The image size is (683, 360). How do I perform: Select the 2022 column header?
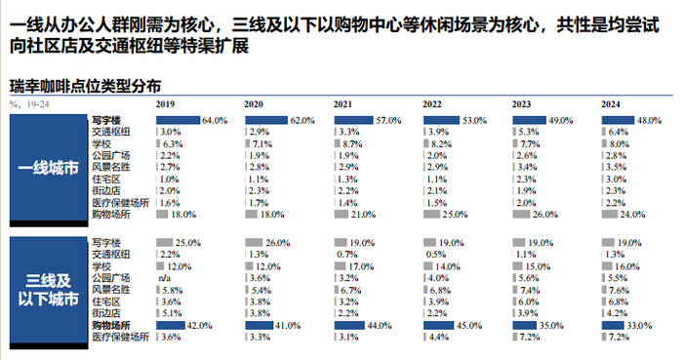(x=433, y=103)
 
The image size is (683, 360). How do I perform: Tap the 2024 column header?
(x=611, y=103)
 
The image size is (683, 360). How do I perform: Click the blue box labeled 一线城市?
(x=47, y=167)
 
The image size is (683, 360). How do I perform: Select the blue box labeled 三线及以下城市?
(x=47, y=288)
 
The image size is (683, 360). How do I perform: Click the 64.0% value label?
(x=215, y=120)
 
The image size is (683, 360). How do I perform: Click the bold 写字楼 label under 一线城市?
(x=104, y=120)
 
